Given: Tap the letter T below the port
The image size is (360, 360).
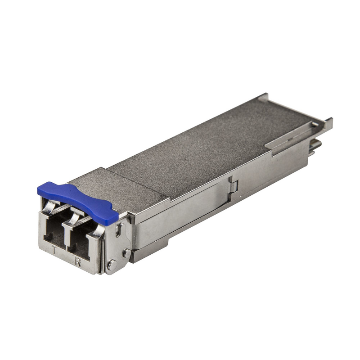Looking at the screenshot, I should tap(55, 251).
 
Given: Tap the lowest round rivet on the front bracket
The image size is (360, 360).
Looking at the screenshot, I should tap(111, 265).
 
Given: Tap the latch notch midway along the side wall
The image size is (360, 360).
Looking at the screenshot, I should tap(233, 184).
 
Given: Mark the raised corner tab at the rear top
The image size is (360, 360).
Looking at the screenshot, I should tap(263, 96).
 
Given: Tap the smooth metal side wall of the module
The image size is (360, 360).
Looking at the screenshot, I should tap(189, 211).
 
